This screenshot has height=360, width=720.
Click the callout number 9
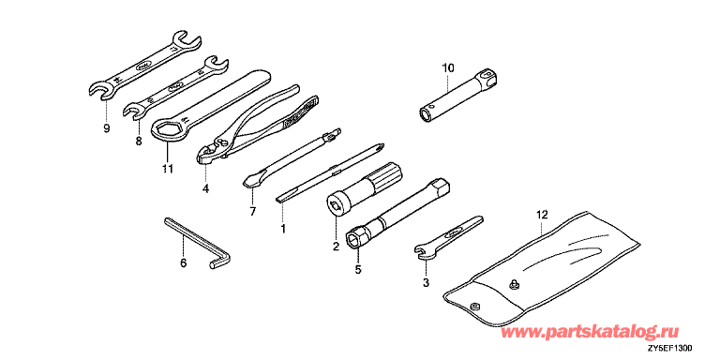107,129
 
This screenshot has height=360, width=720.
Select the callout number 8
139,142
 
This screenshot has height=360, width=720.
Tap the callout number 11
167,169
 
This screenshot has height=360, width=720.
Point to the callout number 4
205,188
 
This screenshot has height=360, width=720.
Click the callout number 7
252,212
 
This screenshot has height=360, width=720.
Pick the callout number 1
283,228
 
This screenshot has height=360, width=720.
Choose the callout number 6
183,263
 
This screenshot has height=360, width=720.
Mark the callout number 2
336,247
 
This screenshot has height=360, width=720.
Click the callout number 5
358,270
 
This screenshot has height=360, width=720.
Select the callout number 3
426,283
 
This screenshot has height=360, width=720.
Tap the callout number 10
448,68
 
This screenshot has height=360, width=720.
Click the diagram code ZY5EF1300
670,349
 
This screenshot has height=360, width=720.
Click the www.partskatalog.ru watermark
590,332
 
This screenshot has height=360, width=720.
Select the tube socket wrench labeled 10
458,96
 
